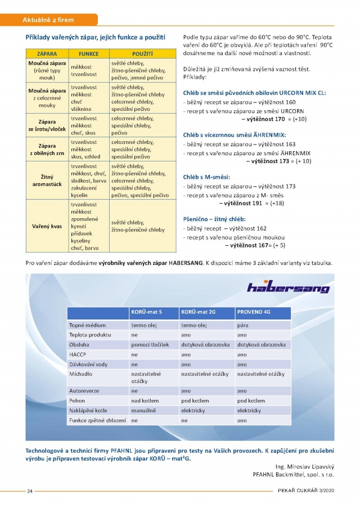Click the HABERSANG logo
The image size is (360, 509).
tap(288, 287)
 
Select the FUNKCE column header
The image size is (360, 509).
tap(89, 54)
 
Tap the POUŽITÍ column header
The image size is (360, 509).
tap(143, 54)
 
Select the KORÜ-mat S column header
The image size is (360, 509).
tap(146, 312)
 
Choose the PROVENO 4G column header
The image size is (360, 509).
tap(254, 312)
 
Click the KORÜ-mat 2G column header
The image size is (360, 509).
tap(197, 312)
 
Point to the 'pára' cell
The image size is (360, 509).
tap(242, 325)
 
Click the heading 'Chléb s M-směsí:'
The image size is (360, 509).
tap(206, 177)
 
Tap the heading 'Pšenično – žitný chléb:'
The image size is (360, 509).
tap(214, 219)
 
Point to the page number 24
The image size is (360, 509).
tap(30, 491)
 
